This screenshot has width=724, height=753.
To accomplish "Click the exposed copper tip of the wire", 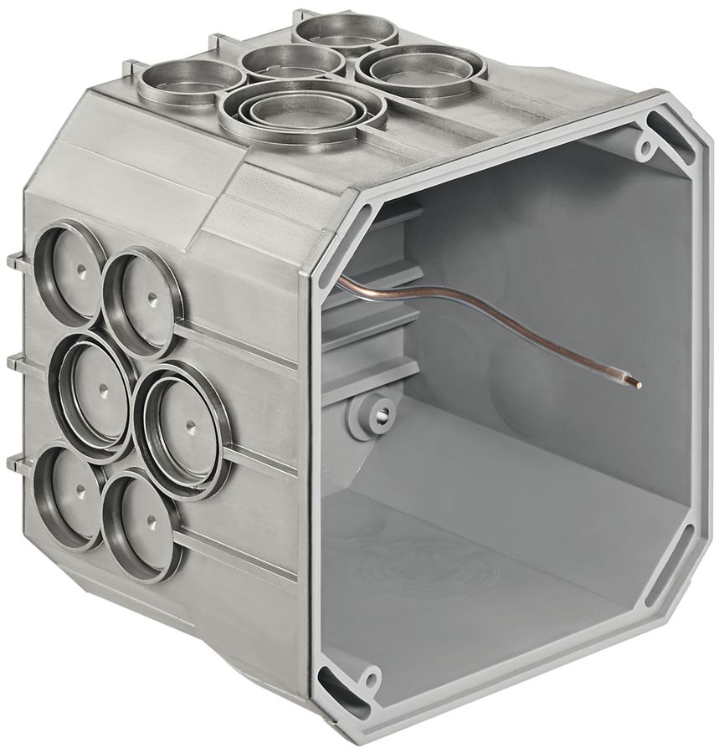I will [x=638, y=384].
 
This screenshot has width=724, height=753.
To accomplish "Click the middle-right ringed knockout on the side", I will [x=180, y=428].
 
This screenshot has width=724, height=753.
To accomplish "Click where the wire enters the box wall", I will [x=341, y=280].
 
